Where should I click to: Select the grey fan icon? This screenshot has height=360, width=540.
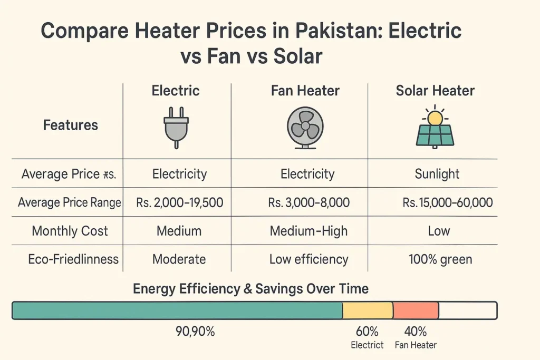[305, 128]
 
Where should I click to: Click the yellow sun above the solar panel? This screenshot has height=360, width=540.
[435, 118]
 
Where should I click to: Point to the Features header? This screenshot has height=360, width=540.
[71, 125]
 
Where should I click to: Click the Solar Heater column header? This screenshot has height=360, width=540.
[435, 91]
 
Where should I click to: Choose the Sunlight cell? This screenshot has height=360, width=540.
[437, 174]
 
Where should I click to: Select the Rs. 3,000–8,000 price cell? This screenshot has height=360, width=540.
[308, 202]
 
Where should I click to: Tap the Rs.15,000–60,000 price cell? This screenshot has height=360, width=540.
[439, 202]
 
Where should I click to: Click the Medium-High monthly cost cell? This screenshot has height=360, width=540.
[308, 231]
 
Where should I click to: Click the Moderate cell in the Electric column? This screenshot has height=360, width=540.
[179, 259]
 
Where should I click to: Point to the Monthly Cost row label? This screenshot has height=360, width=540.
[70, 231]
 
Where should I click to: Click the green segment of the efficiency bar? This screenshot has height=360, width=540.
[177, 310]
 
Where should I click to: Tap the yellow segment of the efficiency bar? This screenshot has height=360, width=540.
[368, 310]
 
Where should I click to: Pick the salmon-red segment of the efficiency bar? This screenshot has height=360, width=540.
[416, 310]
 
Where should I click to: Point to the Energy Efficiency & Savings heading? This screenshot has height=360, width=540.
[250, 288]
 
